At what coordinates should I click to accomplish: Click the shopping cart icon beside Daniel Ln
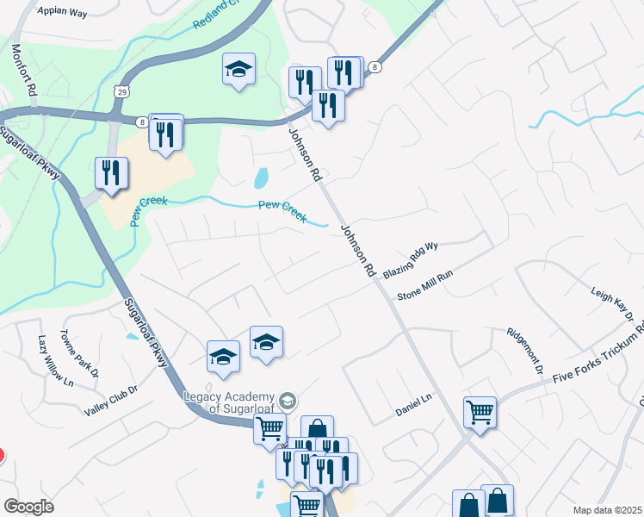(x=480, y=411)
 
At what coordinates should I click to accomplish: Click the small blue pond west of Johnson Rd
(x=261, y=178)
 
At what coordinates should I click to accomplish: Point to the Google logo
(x=28, y=506)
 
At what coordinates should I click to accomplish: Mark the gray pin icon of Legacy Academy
(x=288, y=401)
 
